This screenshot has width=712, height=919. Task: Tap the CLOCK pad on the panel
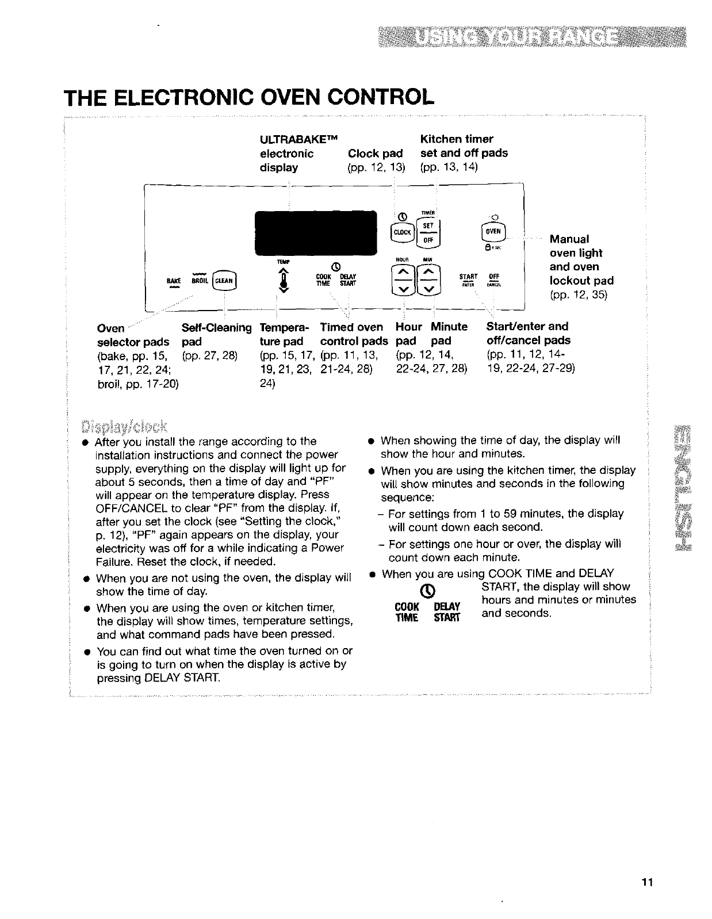[400, 232]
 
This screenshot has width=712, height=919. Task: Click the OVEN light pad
[492, 231]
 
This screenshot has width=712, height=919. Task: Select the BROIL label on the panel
[200, 281]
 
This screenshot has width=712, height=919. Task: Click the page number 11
[648, 883]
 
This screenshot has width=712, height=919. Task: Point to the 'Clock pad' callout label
[375, 154]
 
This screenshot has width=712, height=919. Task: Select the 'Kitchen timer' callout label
[457, 139]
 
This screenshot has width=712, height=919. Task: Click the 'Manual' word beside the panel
[569, 239]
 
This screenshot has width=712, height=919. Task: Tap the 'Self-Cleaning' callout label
[216, 328]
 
